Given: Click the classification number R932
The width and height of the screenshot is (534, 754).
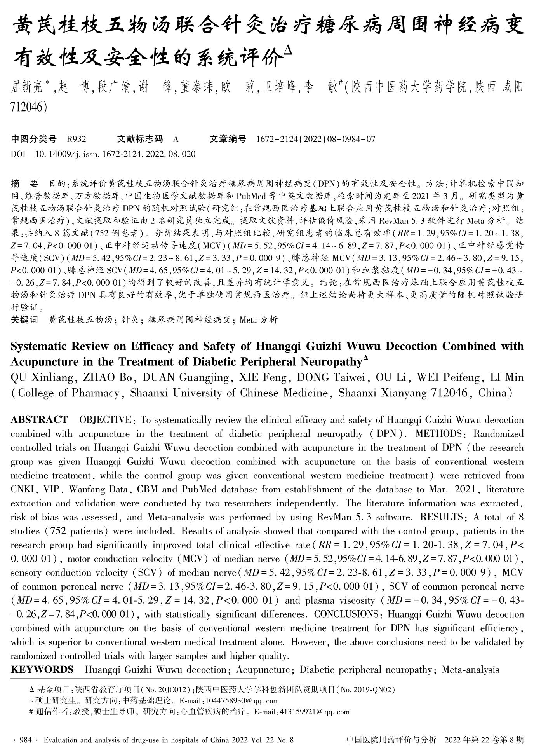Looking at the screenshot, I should click(77, 139).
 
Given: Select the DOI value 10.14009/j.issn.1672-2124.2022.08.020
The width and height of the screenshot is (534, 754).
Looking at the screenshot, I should click(115, 154).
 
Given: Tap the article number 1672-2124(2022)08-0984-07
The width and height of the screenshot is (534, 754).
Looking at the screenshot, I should click(316, 139).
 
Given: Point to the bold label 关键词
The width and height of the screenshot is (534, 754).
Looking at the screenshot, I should click(24, 320).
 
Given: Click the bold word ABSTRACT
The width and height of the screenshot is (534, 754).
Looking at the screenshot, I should click(39, 420).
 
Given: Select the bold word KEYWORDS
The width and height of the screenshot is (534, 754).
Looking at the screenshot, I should click(42, 670).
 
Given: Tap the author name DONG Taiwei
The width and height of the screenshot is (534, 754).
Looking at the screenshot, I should click(334, 377).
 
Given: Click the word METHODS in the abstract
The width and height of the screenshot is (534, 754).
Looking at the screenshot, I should click(439, 434).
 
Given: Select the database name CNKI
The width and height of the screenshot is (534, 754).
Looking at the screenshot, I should click(23, 489).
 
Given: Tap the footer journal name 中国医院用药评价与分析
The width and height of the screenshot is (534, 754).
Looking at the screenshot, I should click(391, 740).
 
